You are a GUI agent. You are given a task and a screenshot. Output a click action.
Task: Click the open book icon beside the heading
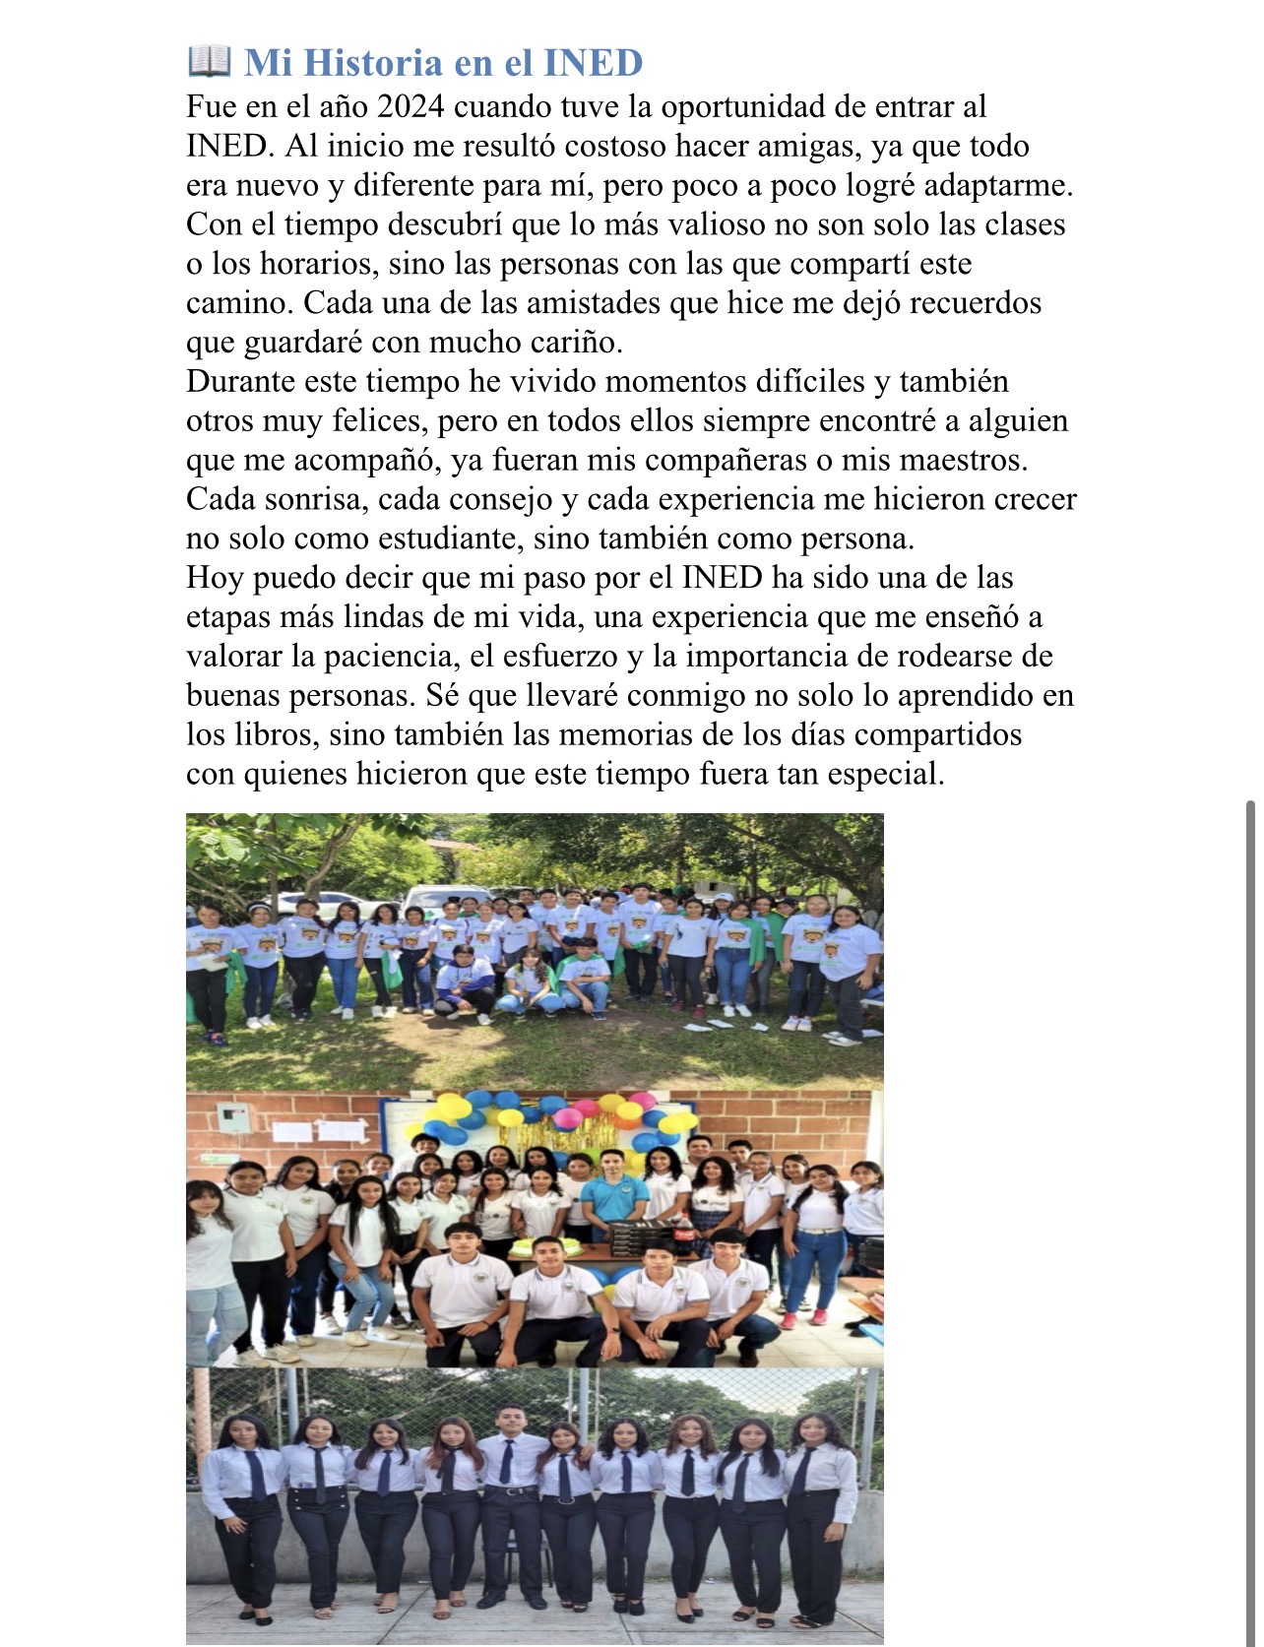[209, 61]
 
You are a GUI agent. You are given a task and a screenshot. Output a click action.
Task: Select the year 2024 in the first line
[411, 106]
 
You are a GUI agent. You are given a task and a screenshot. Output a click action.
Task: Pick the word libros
[269, 734]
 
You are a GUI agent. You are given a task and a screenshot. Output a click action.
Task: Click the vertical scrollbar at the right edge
[1251, 1181]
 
